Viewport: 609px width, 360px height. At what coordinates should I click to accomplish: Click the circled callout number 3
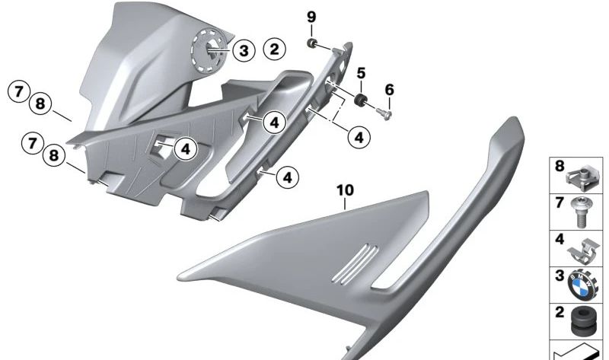click(x=244, y=50)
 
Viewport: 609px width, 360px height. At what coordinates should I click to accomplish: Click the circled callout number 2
click(x=274, y=49)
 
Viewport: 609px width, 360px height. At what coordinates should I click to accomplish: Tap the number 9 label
click(x=311, y=17)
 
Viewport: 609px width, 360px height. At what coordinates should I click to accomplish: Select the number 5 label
click(x=361, y=73)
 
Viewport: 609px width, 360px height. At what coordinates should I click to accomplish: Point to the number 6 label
click(x=389, y=90)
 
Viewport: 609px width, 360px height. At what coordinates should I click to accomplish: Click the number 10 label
click(x=346, y=190)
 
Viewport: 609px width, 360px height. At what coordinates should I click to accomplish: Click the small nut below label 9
click(x=311, y=43)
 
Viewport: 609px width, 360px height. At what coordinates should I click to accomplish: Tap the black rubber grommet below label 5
click(x=361, y=100)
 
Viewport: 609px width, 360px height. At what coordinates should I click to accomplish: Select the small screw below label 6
click(x=384, y=114)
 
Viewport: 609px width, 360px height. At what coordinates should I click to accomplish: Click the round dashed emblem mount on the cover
click(x=209, y=50)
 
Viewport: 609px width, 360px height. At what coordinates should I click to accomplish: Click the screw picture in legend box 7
click(x=581, y=212)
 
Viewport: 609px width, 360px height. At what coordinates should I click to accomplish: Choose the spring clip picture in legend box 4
click(x=583, y=250)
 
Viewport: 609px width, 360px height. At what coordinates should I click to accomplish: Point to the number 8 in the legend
click(x=560, y=166)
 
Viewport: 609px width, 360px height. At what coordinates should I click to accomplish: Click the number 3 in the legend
click(x=560, y=276)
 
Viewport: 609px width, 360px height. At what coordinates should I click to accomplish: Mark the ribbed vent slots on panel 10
click(x=355, y=264)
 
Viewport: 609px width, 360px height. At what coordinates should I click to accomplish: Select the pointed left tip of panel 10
click(x=179, y=278)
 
